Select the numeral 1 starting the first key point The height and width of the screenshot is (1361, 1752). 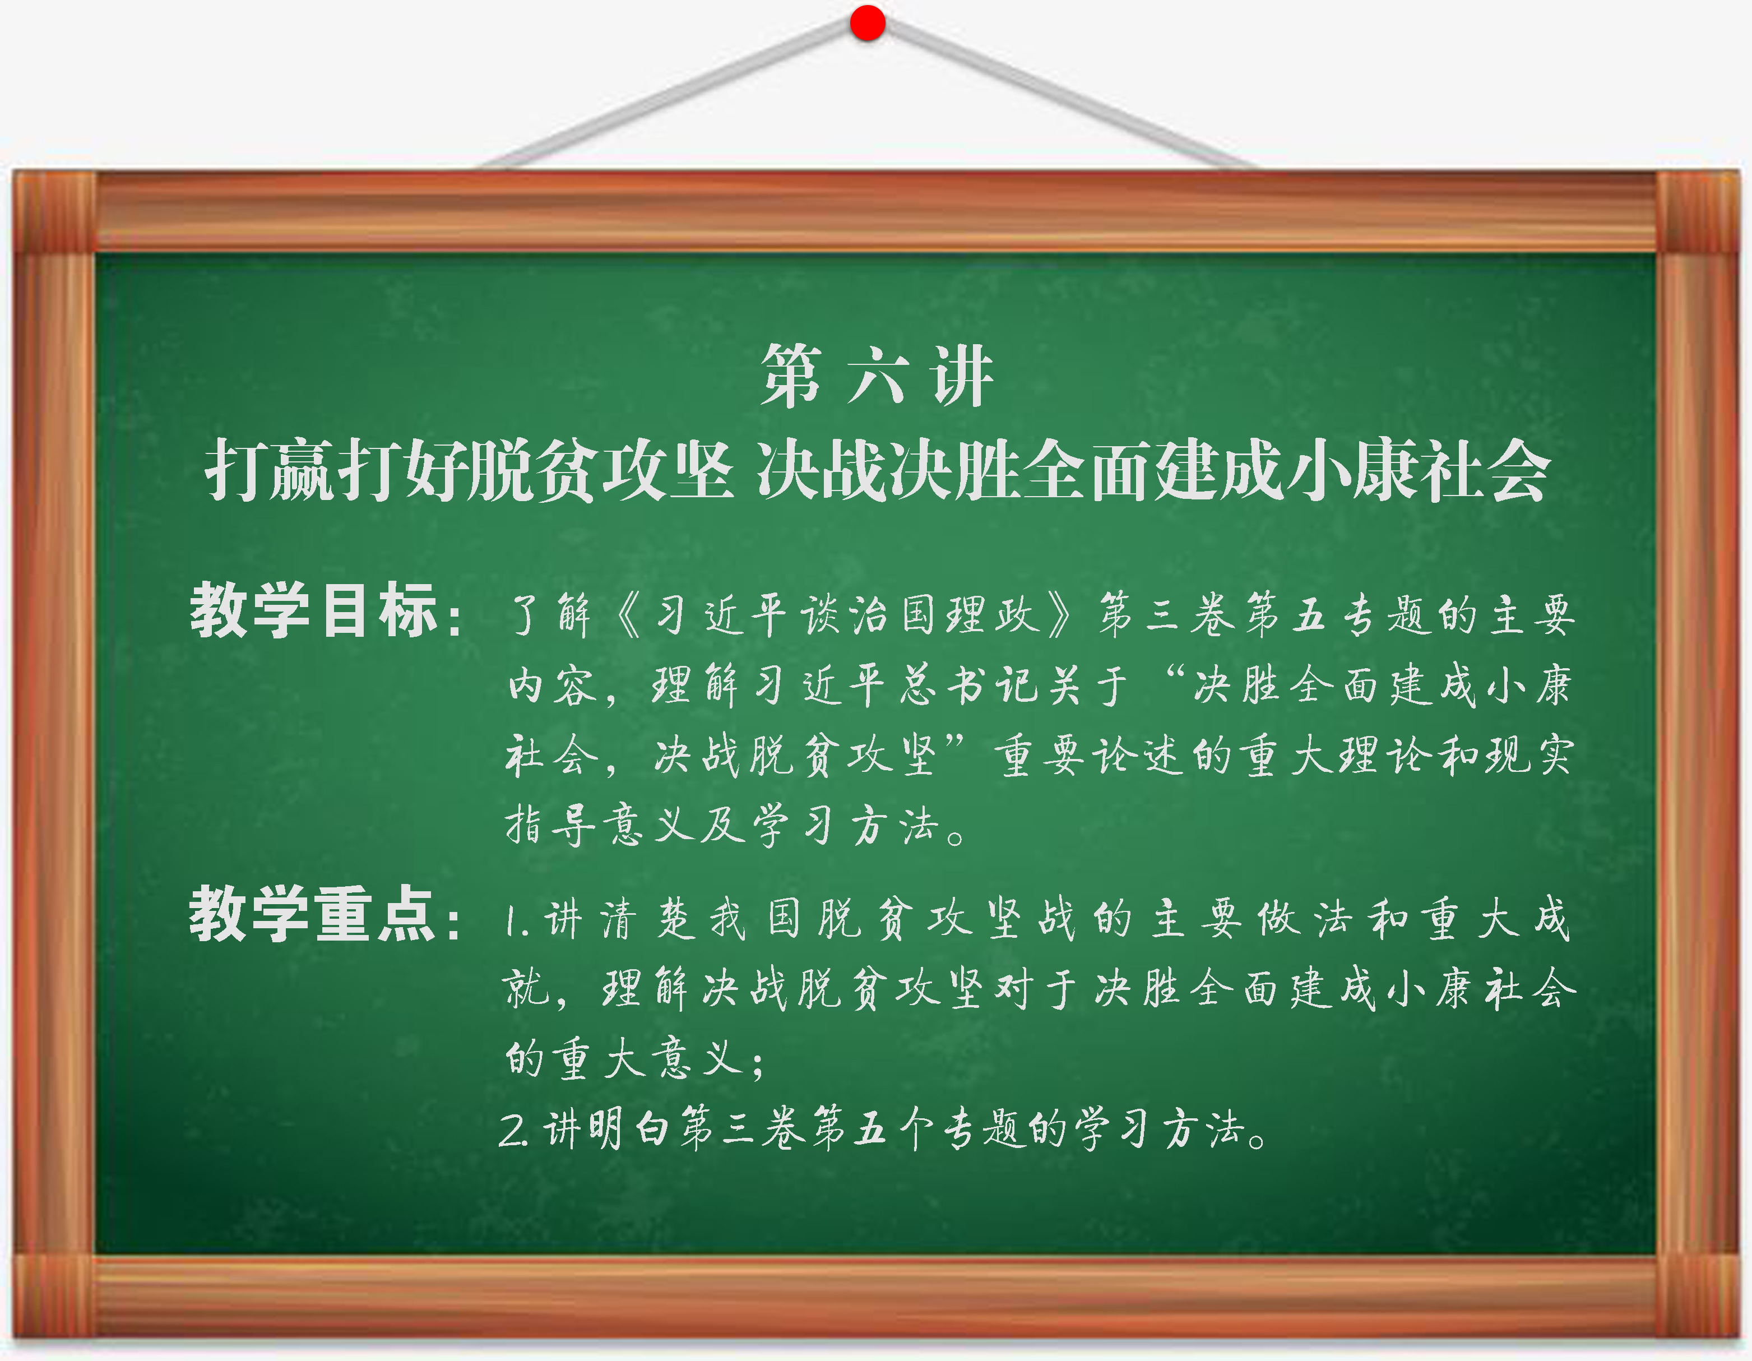[511, 921]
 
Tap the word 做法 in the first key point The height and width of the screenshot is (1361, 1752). [1306, 919]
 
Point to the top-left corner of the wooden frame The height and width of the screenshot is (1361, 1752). [13, 171]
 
